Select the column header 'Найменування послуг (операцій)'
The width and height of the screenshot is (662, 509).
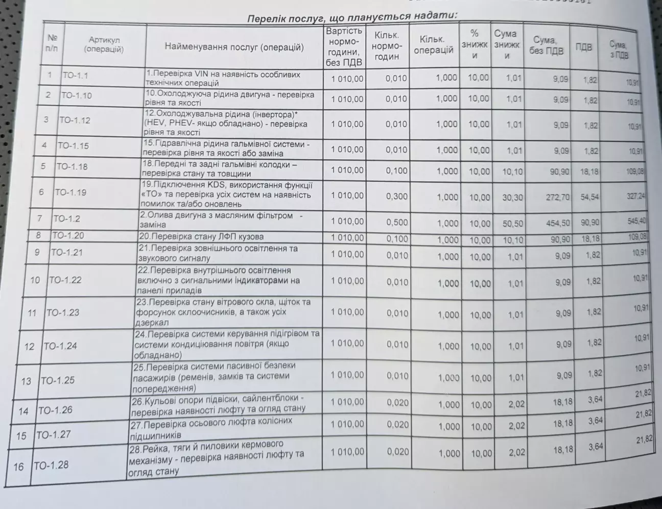[x=234, y=47]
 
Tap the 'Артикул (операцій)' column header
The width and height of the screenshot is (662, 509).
[x=104, y=44]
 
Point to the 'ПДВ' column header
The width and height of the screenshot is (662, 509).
[x=584, y=47]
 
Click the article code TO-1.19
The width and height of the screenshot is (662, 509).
[x=70, y=192]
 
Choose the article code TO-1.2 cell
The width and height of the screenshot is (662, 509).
[x=66, y=219]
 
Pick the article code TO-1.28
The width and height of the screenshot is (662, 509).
[x=51, y=465]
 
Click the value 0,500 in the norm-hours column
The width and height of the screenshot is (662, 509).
[x=397, y=222]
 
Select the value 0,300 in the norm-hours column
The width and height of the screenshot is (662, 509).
[x=397, y=196]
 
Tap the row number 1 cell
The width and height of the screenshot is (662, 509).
[x=50, y=75]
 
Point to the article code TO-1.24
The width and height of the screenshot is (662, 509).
[x=60, y=346]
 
